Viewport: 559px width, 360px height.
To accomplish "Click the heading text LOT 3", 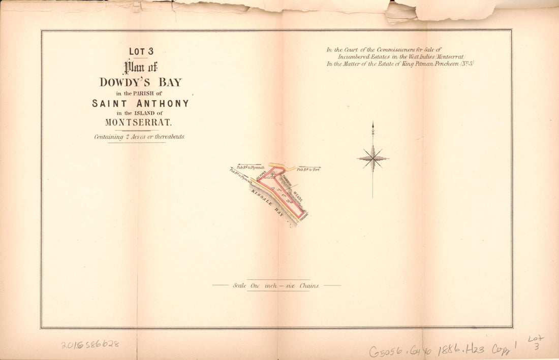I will click(141, 51).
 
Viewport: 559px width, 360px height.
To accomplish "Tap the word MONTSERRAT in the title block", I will click(139, 122).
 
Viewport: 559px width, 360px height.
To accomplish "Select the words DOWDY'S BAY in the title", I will click(140, 82).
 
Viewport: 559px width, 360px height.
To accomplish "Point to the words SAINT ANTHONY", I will click(140, 104).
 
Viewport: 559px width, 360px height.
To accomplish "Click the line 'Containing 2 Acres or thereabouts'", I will click(139, 137).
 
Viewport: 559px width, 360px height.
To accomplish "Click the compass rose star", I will click(373, 158).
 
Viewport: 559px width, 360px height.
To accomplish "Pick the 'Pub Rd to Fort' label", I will click(308, 170).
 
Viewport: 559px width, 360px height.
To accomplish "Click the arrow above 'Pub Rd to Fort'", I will click(307, 166).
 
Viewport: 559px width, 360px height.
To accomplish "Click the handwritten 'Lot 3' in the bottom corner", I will click(535, 342).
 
